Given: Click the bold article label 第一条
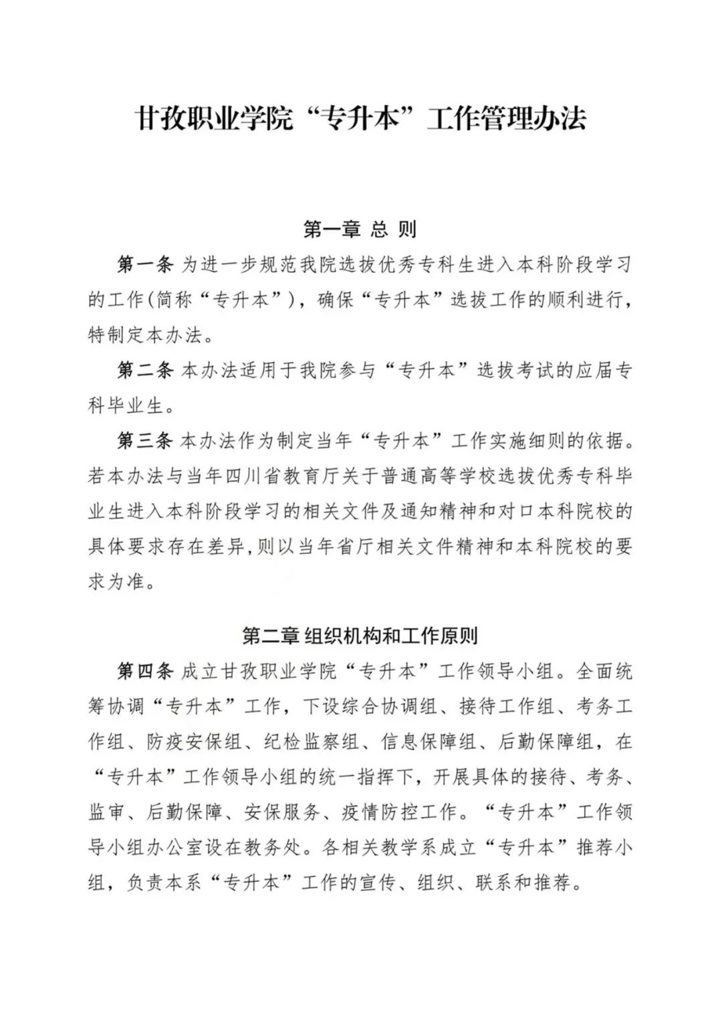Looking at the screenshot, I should (x=146, y=264).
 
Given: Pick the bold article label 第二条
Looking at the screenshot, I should (x=146, y=370).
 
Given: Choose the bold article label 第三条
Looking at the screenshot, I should (x=146, y=441).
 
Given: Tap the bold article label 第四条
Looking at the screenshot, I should (x=146, y=670).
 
